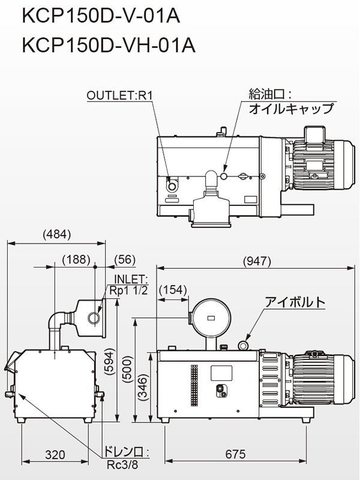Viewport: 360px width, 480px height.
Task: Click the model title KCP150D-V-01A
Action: point(101,16)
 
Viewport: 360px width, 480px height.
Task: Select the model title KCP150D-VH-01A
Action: point(109,46)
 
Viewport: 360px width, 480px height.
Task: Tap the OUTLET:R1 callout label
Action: point(119,95)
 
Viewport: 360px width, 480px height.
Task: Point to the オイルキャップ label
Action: point(291,109)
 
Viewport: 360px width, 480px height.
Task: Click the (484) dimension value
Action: point(57,235)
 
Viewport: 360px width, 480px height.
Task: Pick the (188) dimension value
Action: point(76,260)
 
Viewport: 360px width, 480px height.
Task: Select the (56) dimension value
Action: point(125,260)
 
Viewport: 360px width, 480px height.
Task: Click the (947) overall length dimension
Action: point(257,261)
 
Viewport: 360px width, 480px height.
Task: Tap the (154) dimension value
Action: point(173,290)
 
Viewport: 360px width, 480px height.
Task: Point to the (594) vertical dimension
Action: point(110,362)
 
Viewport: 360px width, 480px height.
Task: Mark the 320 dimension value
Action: point(55,455)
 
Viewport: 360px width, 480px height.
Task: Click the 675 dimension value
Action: point(235,454)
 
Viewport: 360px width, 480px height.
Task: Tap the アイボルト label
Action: point(295,302)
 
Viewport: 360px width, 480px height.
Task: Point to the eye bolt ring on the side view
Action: point(244,346)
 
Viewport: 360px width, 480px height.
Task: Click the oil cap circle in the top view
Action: point(224,176)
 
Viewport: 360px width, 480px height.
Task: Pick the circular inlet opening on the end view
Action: point(94,318)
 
